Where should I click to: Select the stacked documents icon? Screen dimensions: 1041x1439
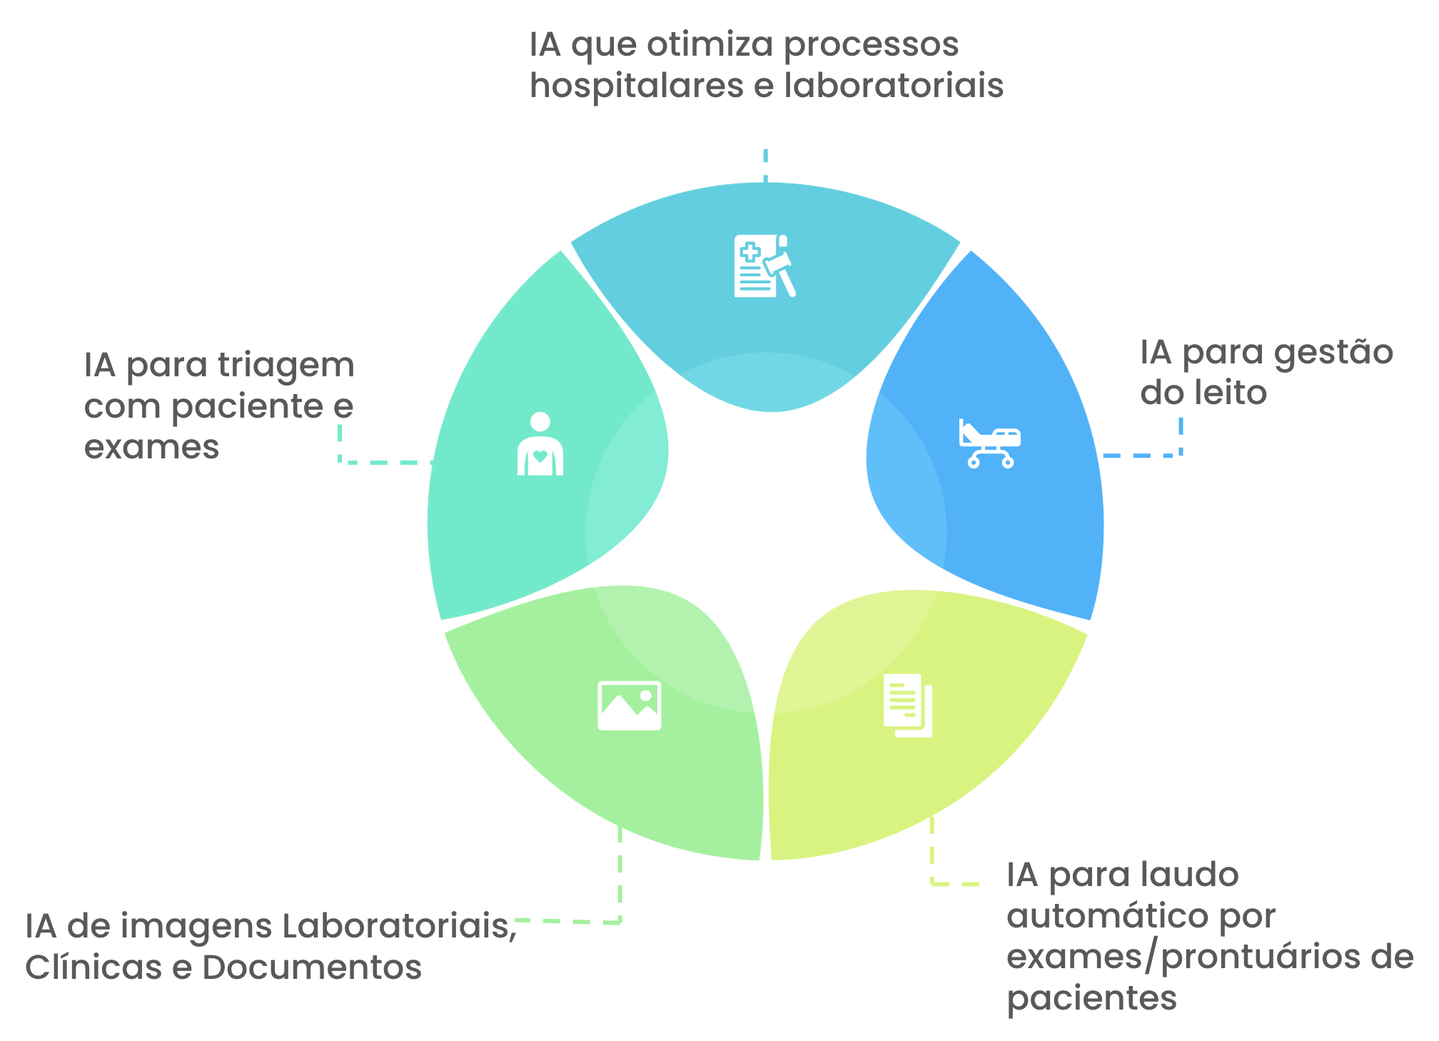(x=908, y=705)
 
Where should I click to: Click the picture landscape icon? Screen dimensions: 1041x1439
(x=629, y=706)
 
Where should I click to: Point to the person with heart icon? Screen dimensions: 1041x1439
(x=540, y=445)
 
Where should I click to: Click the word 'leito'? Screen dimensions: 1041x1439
(x=1233, y=393)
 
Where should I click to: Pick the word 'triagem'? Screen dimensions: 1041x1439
(x=286, y=366)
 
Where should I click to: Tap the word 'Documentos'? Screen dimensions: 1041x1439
(x=312, y=968)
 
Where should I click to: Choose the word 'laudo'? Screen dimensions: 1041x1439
(x=1193, y=875)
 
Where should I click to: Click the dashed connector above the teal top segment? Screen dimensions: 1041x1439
(x=765, y=166)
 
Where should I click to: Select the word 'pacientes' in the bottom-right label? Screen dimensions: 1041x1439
(x=1091, y=998)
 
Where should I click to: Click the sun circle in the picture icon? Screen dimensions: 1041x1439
(x=646, y=695)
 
